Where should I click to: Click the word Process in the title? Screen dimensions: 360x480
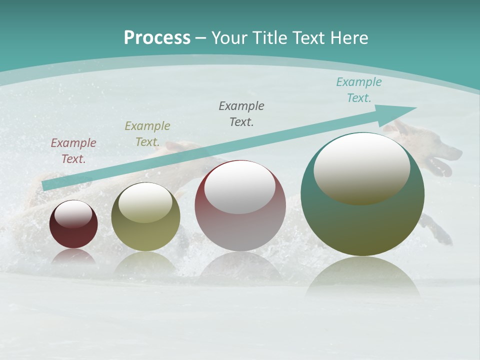157,37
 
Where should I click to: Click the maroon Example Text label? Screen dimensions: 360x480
73,151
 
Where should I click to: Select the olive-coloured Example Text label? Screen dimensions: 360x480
147,133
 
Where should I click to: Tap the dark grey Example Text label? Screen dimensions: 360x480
241,113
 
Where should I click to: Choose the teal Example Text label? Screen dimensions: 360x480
358,90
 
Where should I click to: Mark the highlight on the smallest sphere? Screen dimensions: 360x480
73,213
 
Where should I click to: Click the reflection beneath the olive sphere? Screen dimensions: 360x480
145,262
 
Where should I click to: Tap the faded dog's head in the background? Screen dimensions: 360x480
440,150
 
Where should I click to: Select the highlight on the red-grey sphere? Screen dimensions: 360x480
240,187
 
